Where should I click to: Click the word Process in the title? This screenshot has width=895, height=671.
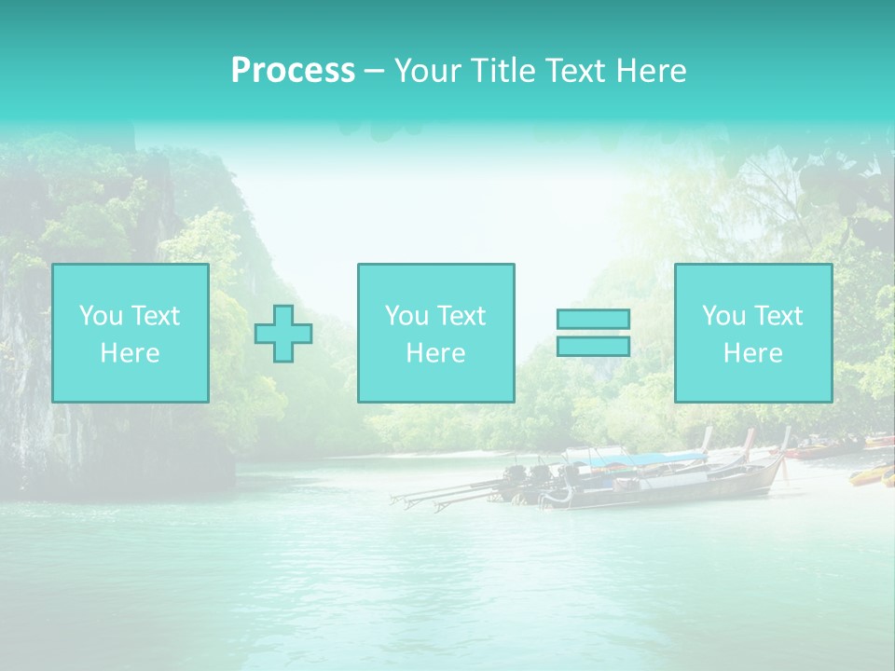pyautogui.click(x=293, y=71)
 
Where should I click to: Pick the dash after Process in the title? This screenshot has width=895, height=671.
pyautogui.click(x=374, y=72)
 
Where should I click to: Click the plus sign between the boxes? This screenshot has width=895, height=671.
pyautogui.click(x=283, y=333)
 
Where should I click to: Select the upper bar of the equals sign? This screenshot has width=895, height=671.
pyautogui.click(x=593, y=319)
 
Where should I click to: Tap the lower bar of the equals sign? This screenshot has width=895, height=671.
pyautogui.click(x=593, y=346)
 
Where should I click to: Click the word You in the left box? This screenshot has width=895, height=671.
pyautogui.click(x=101, y=316)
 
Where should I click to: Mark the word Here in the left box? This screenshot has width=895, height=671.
pyautogui.click(x=130, y=353)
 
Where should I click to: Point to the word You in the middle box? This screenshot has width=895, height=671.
pyautogui.click(x=406, y=316)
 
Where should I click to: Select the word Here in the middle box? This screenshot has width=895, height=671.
pyautogui.click(x=435, y=353)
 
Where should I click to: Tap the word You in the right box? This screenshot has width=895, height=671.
pyautogui.click(x=723, y=316)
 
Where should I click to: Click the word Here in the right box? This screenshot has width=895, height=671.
pyautogui.click(x=752, y=353)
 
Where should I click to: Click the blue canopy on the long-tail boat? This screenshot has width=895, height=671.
pyautogui.click(x=643, y=459)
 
